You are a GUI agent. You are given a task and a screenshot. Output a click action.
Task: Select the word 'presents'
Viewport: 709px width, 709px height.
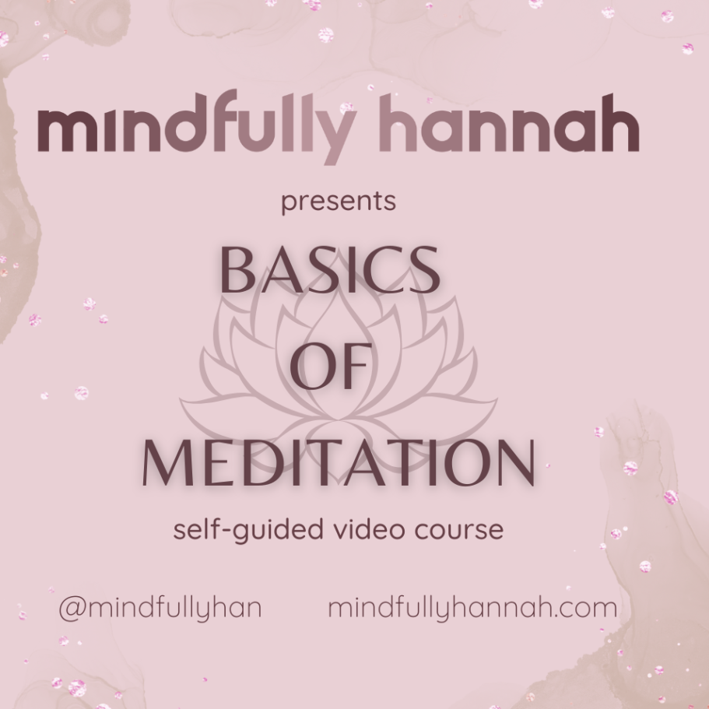click(339, 202)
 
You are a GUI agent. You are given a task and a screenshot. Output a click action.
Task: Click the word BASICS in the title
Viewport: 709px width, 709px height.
click(331, 270)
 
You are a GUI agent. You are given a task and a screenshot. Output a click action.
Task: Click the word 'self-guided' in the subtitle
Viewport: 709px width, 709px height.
click(248, 530)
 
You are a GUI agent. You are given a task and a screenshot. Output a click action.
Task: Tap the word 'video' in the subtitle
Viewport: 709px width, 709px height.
click(369, 529)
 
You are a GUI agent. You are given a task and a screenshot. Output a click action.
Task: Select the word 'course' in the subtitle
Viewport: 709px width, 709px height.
click(459, 531)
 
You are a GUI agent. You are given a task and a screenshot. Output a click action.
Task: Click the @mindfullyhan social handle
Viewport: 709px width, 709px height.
click(160, 609)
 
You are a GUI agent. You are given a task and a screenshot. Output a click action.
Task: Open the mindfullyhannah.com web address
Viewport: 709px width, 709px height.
click(472, 609)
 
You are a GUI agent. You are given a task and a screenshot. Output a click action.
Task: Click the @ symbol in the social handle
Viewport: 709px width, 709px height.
click(72, 609)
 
